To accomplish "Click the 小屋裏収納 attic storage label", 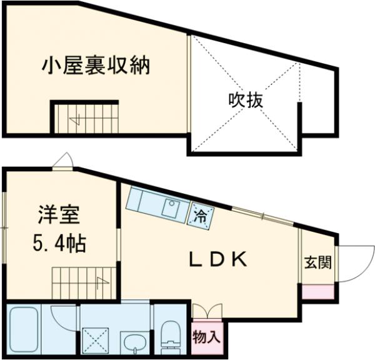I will click(96, 65).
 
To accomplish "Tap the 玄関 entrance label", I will click(318, 262).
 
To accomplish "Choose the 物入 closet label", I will click(207, 337).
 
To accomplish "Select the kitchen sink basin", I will click(171, 208).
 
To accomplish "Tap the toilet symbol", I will click(170, 331).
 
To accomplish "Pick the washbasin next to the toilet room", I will click(132, 341).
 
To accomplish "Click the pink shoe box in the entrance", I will click(319, 291).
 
